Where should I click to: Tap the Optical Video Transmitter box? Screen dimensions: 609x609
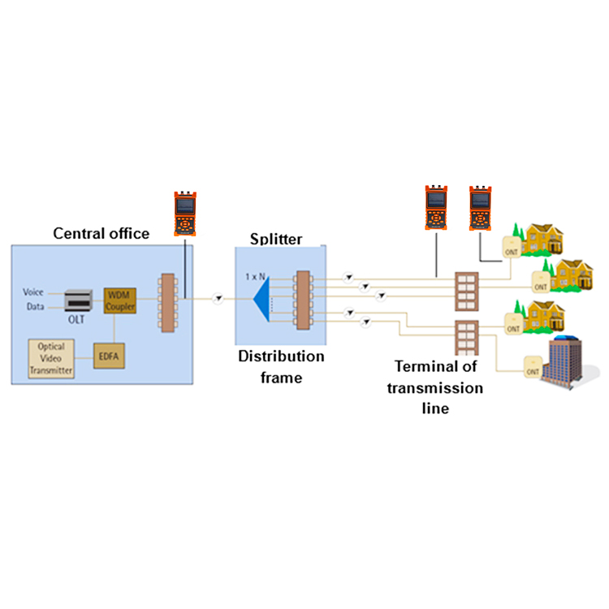pyautogui.click(x=51, y=358)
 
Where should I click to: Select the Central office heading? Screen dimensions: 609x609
pyautogui.click(x=101, y=234)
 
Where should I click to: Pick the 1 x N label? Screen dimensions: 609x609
pyautogui.click(x=257, y=277)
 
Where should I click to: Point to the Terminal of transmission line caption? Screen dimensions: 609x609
pyautogui.click(x=434, y=388)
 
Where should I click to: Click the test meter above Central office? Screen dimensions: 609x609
pyautogui.click(x=185, y=213)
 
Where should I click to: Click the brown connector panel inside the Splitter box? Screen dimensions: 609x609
pyautogui.click(x=303, y=300)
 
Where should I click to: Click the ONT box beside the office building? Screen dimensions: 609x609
pyautogui.click(x=531, y=368)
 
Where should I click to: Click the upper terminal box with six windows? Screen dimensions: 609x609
pyautogui.click(x=466, y=287)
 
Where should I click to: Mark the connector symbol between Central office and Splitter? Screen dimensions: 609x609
pyautogui.click(x=218, y=300)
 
